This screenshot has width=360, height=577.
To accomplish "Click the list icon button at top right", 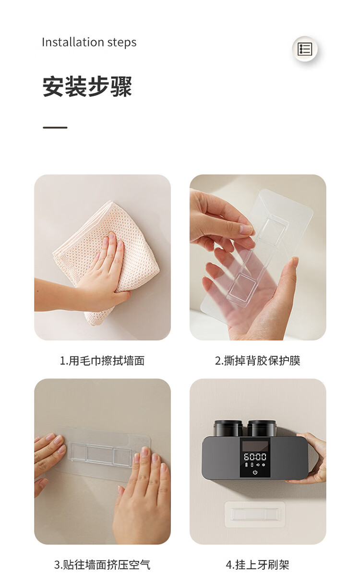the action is [x=305, y=49].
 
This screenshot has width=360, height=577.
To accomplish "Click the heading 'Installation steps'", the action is [x=89, y=42].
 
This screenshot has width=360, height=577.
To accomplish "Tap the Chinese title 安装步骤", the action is [x=87, y=86].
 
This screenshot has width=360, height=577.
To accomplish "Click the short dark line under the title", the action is [x=55, y=128].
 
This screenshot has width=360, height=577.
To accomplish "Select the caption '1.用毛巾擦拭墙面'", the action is [x=102, y=361].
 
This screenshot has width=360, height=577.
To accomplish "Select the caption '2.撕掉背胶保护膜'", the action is [x=257, y=361].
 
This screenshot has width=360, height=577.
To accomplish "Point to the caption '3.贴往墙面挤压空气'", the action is [x=102, y=565].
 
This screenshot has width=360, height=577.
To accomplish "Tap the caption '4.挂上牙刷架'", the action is [x=257, y=565].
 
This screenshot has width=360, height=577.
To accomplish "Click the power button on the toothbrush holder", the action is [x=255, y=472].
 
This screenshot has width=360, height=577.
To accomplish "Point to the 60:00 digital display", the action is [x=255, y=457].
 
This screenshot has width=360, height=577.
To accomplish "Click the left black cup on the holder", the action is [x=228, y=428].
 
